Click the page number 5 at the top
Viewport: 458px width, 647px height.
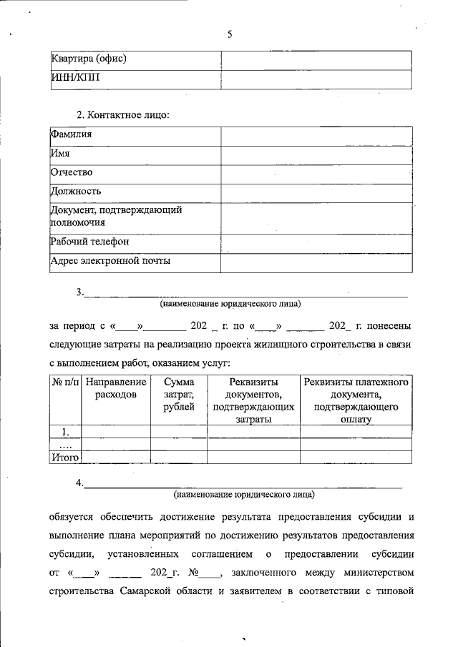coord(230,34)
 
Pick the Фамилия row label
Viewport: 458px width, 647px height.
coord(71,134)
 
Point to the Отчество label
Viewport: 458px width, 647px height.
coord(72,172)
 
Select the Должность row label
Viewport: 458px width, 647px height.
coord(75,192)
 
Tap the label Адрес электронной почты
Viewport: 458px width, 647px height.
coord(110,261)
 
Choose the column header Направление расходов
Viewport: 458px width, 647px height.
coord(116,389)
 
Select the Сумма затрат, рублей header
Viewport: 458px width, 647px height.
coord(179,395)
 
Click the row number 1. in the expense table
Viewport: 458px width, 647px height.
coord(66,431)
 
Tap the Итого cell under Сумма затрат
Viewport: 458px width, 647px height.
coord(179,456)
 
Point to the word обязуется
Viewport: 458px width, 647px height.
coord(75,516)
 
